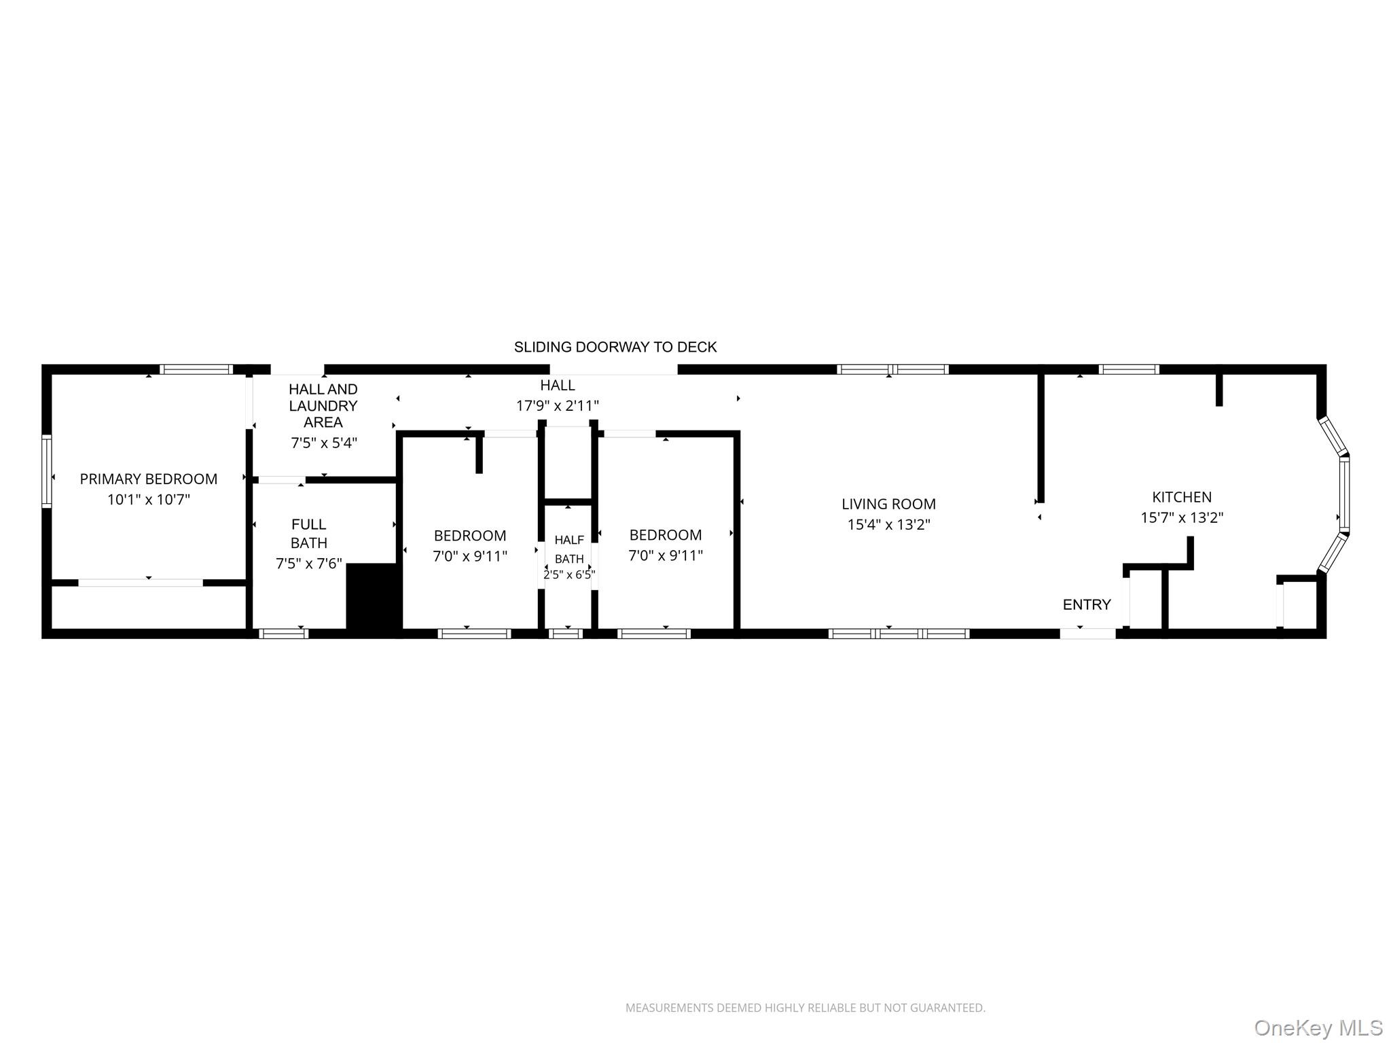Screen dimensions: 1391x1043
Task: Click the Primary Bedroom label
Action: tap(149, 479)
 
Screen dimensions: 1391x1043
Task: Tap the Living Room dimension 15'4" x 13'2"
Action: tap(888, 524)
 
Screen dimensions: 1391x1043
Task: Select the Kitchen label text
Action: tap(1182, 497)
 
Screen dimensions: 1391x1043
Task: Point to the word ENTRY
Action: tap(1087, 604)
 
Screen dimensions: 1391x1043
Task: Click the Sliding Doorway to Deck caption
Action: tap(615, 347)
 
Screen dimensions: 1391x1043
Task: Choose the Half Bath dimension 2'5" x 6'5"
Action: tap(569, 574)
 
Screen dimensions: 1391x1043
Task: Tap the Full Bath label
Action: tap(309, 533)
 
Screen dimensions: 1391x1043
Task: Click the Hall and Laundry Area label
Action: tap(323, 405)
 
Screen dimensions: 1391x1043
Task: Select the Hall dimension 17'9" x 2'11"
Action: tap(558, 406)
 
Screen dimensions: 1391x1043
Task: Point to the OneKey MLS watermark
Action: tap(1318, 1027)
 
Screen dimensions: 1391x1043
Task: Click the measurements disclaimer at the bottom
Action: tap(806, 1008)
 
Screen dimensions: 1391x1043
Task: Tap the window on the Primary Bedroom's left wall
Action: tap(47, 471)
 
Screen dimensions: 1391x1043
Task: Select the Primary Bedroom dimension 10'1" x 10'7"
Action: tap(149, 500)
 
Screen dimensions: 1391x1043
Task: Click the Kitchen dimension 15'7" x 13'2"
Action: tap(1182, 517)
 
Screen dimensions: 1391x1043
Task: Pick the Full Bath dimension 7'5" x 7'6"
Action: tap(309, 564)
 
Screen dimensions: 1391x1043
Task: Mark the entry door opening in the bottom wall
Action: tap(1087, 634)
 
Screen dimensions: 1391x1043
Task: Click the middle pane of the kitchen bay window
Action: tap(1344, 494)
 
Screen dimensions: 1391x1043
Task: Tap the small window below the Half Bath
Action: tap(566, 634)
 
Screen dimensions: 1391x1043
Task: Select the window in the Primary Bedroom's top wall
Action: tap(196, 369)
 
